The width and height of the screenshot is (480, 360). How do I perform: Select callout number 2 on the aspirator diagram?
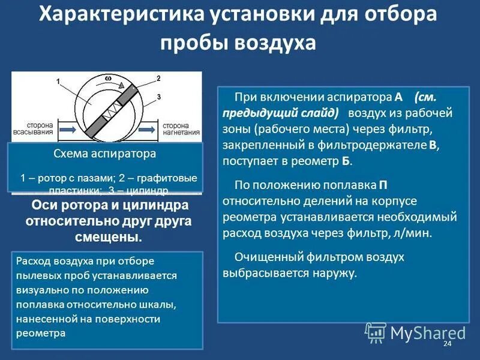[x=158, y=79]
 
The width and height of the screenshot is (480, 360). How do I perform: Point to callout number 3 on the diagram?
[x=158, y=96]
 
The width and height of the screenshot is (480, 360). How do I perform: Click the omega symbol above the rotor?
[x=108, y=78]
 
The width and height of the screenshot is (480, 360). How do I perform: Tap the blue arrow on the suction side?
[x=67, y=128]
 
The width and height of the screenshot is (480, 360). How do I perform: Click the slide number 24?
[x=446, y=343]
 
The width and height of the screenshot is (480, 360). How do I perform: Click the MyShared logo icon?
[x=376, y=332]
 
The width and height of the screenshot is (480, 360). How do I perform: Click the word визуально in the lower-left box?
[x=40, y=290]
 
